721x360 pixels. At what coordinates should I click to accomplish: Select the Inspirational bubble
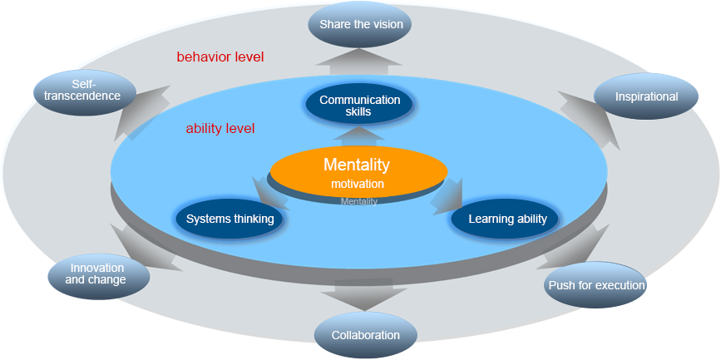tap(646, 96)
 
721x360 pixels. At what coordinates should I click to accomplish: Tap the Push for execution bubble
tap(595, 285)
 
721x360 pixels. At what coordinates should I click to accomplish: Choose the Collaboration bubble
tap(365, 335)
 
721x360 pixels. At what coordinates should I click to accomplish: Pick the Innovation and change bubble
tap(98, 274)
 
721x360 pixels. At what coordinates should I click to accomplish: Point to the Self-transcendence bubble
tap(83, 91)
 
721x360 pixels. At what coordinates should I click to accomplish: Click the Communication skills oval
tap(359, 106)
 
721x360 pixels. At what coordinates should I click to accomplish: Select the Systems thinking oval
tap(230, 219)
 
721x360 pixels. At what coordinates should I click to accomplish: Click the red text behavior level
tap(220, 57)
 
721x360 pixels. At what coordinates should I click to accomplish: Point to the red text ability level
tap(220, 129)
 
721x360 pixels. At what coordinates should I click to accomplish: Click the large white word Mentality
tap(356, 165)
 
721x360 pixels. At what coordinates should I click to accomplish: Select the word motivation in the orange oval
tap(358, 184)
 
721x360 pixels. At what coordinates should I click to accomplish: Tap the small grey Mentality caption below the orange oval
tap(358, 201)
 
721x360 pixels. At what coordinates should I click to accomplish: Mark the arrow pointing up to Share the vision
tap(359, 60)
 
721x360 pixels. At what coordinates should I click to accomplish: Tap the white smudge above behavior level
tap(211, 47)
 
